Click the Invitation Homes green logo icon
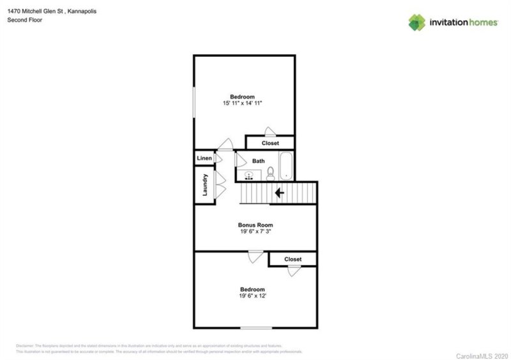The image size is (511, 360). [x=416, y=23]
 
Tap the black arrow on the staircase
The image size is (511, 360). [x=278, y=191]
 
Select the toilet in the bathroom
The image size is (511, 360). [x=271, y=173]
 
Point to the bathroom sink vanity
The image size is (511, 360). [x=249, y=174]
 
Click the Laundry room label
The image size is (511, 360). [x=205, y=186]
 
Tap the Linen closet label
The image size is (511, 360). [x=204, y=158]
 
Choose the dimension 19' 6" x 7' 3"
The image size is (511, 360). [x=256, y=233]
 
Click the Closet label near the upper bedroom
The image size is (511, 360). [x=270, y=144]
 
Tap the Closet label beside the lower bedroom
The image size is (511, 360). [x=293, y=259]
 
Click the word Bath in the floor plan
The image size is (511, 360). [x=258, y=161]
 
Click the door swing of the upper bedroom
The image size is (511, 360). [x=225, y=144]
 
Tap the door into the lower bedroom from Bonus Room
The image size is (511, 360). [x=256, y=257]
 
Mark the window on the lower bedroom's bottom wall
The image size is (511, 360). [x=256, y=328]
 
